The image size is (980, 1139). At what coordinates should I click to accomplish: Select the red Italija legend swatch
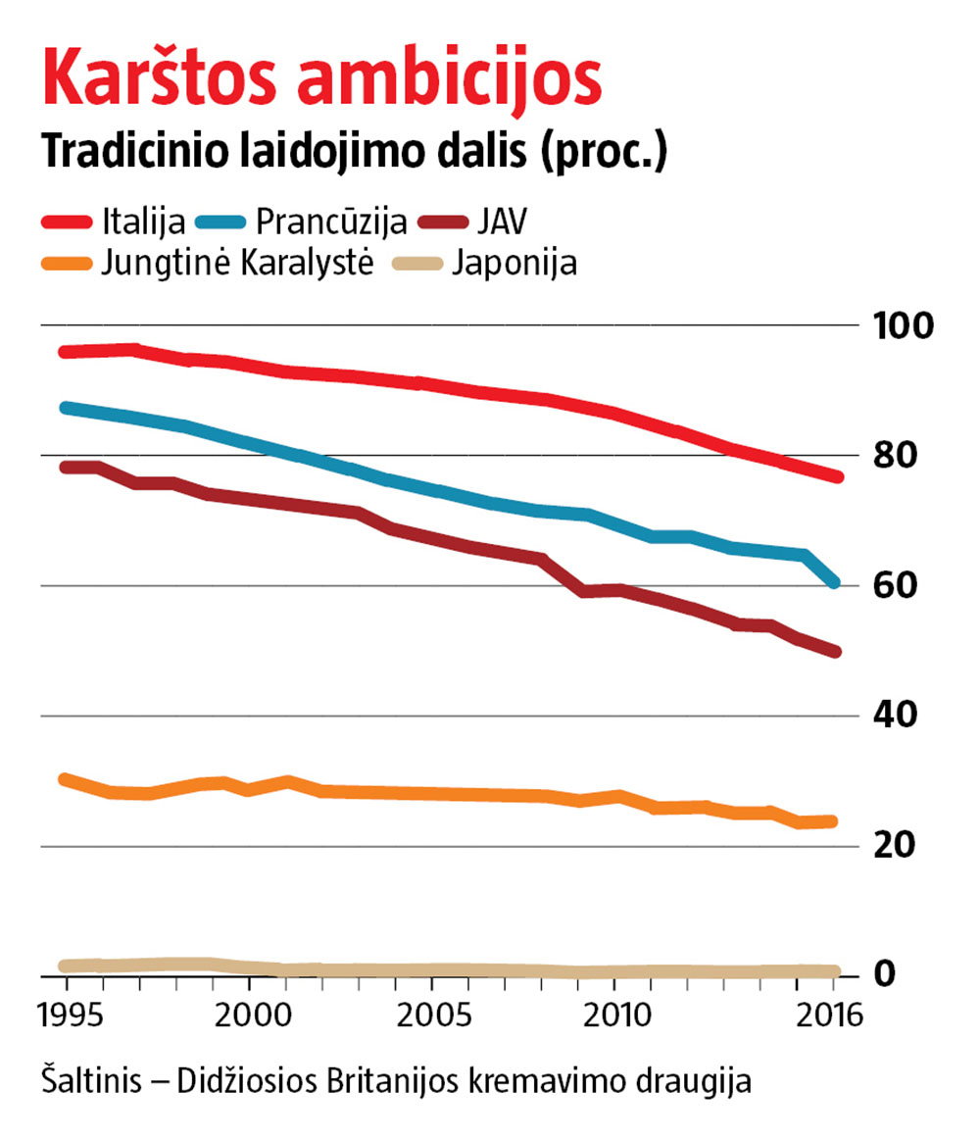pos(67,222)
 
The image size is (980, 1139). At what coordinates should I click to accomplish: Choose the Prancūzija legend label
pos(330,223)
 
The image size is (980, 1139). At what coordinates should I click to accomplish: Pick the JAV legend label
pos(503,222)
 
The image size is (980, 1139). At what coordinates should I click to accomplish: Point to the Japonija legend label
pos(514,265)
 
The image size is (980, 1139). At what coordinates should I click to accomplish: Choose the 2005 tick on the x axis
pos(431,1014)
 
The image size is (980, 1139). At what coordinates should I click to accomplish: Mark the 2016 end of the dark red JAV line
pos(835,651)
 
